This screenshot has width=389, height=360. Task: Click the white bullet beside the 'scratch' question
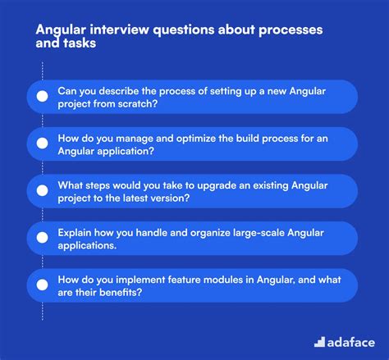43,96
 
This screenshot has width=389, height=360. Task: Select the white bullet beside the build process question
43,144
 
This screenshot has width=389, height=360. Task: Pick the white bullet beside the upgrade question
43,191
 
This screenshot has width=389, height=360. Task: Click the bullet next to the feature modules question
43,285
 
